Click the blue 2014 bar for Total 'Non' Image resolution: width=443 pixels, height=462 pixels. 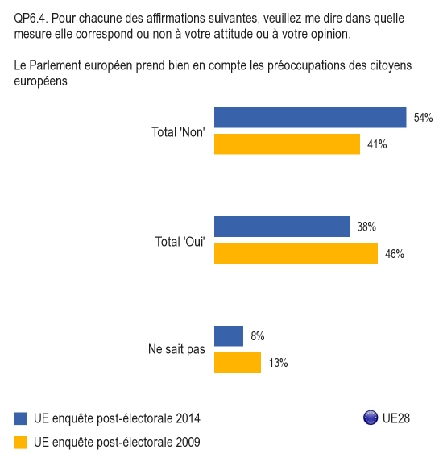[x=310, y=118]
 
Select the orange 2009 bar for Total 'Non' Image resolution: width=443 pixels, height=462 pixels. [x=287, y=144]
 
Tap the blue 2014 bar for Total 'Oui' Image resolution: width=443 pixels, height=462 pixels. [x=282, y=227]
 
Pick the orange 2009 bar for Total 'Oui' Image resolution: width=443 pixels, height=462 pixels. [x=296, y=254]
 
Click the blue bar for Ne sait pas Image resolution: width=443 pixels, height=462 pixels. [x=229, y=336]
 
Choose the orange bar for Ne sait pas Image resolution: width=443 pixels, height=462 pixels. [x=238, y=363]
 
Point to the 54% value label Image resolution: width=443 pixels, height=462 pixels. [x=423, y=118]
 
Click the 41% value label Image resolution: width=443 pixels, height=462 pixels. [x=377, y=144]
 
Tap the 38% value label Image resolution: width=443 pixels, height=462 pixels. [x=366, y=227]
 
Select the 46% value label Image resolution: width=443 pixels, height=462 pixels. [x=395, y=254]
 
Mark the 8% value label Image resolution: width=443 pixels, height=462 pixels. [x=258, y=336]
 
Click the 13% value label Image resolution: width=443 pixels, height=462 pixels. [x=278, y=363]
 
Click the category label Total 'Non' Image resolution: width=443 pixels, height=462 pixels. [x=178, y=132]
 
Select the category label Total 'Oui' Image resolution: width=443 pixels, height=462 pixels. [x=180, y=242]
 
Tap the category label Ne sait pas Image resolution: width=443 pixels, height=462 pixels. [x=176, y=349]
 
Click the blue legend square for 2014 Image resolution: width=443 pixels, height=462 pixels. [x=20, y=418]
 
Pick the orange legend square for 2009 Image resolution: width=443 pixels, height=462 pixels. [x=20, y=443]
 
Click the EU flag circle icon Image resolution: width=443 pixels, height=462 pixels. [x=371, y=418]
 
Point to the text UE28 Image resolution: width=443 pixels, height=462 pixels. [x=396, y=418]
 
